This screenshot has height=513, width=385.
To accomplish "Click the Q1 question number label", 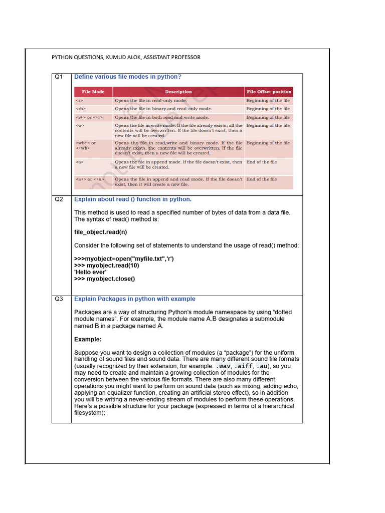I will pos(59,77).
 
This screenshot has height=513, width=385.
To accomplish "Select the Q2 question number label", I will pos(59,199).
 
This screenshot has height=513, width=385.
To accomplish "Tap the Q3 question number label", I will pos(59,299).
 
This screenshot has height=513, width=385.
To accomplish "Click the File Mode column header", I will pos(93,92).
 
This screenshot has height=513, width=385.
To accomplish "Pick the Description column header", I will pos(178,92).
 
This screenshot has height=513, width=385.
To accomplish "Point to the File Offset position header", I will pos(268,92).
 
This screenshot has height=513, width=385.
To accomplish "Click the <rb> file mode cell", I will pos(81,109).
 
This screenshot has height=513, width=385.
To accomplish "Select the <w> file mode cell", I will pos(80,126).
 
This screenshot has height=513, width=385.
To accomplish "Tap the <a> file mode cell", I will pos(79,162).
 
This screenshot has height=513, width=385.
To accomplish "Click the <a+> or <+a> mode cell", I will pos(90,179).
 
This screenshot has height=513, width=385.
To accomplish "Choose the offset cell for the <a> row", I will pos(261,162).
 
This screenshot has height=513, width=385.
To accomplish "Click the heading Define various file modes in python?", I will pos(128,77).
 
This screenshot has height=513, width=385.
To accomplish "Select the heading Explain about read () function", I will pos(133,199).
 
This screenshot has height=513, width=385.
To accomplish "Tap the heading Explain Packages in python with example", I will pos(135,299).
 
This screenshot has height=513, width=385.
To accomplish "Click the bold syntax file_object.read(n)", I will pos(101,232).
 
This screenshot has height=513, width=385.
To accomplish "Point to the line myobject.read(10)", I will pos(107,266).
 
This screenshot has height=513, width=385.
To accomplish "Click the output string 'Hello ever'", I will pos(90,272).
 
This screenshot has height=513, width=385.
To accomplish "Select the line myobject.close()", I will pos(105,279).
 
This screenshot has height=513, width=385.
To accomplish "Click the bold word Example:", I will pos(88,339).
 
